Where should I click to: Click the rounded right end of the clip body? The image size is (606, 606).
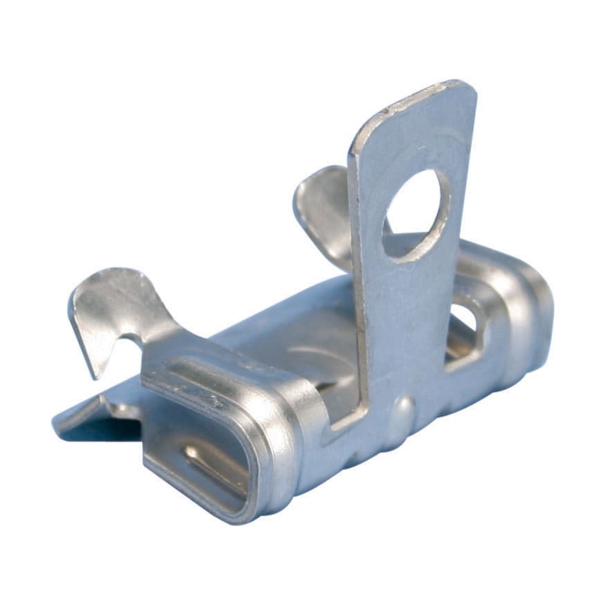533,319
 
